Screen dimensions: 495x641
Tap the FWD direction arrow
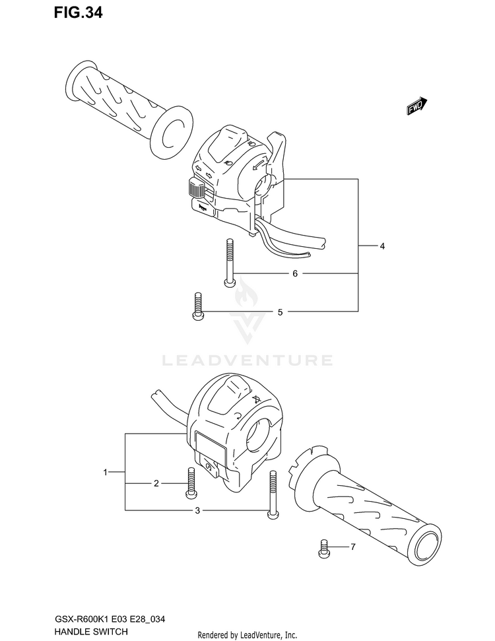coord(416,106)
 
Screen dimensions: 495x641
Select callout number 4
coord(382,246)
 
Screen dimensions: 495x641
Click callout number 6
coord(295,273)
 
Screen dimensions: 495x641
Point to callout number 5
coord(280,312)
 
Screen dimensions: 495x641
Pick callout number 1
coord(105,472)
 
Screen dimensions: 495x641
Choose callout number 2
coord(156,484)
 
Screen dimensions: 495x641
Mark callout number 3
coord(197,511)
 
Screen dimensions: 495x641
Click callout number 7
coord(353,547)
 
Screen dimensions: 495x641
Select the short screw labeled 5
coord(197,306)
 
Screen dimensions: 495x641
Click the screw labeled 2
coord(191,482)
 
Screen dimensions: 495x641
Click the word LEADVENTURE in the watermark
coord(247,360)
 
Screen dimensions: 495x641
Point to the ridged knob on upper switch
coord(195,189)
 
